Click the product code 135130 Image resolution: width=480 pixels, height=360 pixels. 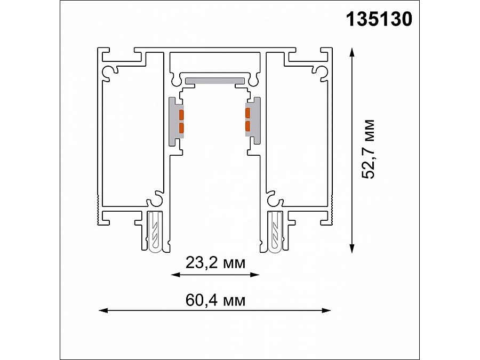coord(379,20)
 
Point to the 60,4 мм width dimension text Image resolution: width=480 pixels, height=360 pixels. coord(215,300)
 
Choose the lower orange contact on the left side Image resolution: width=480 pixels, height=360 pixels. coord(181,127)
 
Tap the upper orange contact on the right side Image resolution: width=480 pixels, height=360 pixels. coord(247,113)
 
